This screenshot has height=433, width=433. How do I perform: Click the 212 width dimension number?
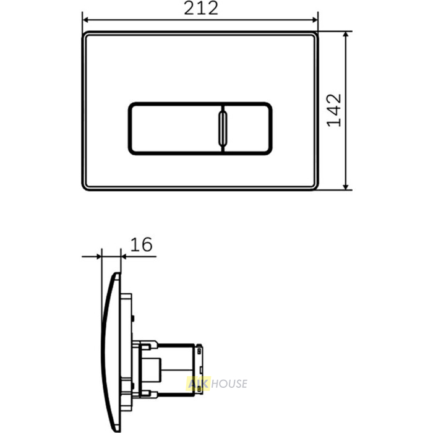(201, 8)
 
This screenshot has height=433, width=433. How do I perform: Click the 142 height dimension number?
(334, 111)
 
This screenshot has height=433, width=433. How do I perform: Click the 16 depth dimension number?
(141, 245)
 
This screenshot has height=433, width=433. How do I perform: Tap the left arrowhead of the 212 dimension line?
(85, 20)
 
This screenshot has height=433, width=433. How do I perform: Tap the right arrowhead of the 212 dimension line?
(315, 20)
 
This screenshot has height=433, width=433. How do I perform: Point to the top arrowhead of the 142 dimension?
(346, 35)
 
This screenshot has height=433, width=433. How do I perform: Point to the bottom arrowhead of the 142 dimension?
(346, 187)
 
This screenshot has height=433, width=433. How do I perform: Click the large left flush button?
(176, 129)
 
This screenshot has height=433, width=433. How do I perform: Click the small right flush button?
(247, 129)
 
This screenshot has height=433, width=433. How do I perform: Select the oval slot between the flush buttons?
(223, 129)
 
